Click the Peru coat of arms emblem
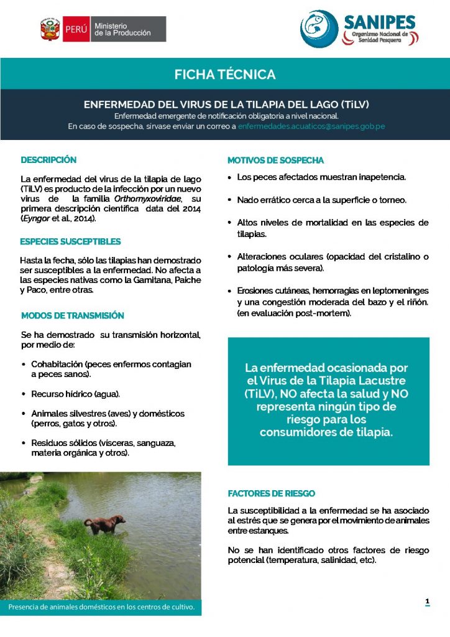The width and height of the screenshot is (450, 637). (x=49, y=29)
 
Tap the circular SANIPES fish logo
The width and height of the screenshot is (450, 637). (x=319, y=29)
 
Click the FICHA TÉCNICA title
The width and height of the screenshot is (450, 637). (x=225, y=75)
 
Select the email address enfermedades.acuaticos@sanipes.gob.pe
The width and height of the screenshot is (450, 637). (x=311, y=126)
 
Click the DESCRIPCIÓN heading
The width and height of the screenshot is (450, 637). (x=48, y=160)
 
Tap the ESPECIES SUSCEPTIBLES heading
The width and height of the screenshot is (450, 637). (x=70, y=241)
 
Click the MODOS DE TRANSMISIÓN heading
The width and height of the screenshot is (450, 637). (x=72, y=316)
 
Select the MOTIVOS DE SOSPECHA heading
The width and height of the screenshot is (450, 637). (x=275, y=160)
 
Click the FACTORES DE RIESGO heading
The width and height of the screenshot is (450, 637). (x=271, y=493)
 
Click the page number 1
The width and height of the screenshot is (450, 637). (x=427, y=601)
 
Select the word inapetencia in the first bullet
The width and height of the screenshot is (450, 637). (x=379, y=177)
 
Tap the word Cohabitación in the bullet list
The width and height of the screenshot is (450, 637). (x=57, y=364)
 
